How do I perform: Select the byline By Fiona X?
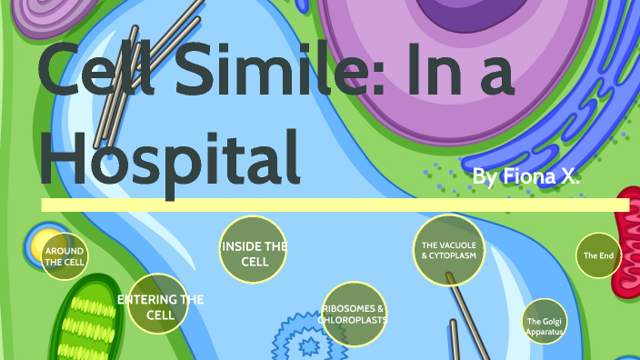(x=526, y=175)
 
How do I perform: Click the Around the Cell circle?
(x=65, y=255)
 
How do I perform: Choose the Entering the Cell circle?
(x=159, y=304)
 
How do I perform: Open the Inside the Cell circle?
(x=255, y=248)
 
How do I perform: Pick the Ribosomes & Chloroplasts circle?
(x=354, y=315)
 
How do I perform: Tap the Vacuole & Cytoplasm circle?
(x=449, y=249)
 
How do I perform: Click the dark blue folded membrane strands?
(x=582, y=109)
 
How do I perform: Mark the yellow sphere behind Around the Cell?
(x=43, y=245)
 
